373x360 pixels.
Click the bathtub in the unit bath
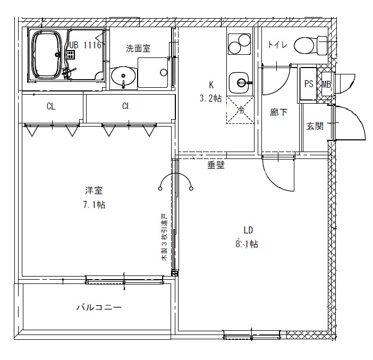[x=48, y=55]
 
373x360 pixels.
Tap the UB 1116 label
[x=83, y=46]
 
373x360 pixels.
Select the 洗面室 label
[x=138, y=48]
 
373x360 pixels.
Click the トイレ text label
[x=277, y=45]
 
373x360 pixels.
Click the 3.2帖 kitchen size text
[x=210, y=98]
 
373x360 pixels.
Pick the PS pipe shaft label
[x=308, y=84]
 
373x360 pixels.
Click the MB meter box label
[x=326, y=84]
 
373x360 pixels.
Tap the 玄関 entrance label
[x=315, y=126]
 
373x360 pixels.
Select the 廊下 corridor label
[x=278, y=113]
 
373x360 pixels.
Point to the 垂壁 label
[x=216, y=165]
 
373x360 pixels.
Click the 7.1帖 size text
[x=94, y=205]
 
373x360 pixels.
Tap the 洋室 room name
[x=94, y=190]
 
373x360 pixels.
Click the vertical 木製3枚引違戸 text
[x=164, y=237]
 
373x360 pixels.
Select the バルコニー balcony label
[x=99, y=307]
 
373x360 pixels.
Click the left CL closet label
[x=50, y=106]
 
